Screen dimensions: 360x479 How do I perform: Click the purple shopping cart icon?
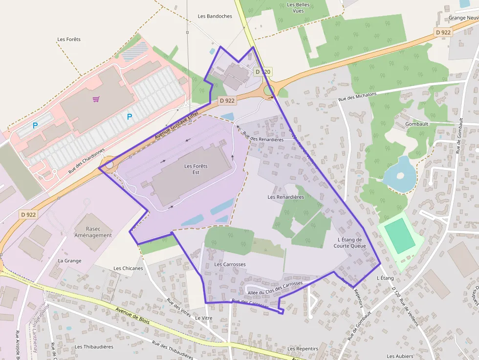point(96,99)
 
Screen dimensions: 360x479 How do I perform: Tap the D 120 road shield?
point(262,72)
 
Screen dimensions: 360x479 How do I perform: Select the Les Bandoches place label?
point(215,16)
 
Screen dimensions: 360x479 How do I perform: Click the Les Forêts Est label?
point(196,169)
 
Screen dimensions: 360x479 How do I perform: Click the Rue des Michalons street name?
point(357,97)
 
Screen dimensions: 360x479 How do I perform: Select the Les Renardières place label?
point(286,197)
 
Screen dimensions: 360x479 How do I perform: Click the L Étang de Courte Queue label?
point(349,243)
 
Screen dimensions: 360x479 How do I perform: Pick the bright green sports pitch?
point(400,235)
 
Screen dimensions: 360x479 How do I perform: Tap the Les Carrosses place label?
point(230,264)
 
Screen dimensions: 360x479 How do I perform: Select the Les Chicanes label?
point(128,268)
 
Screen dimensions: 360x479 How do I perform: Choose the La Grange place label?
point(69,261)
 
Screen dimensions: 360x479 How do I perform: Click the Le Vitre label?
point(203,318)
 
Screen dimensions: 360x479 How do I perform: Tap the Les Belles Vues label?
point(295,8)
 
